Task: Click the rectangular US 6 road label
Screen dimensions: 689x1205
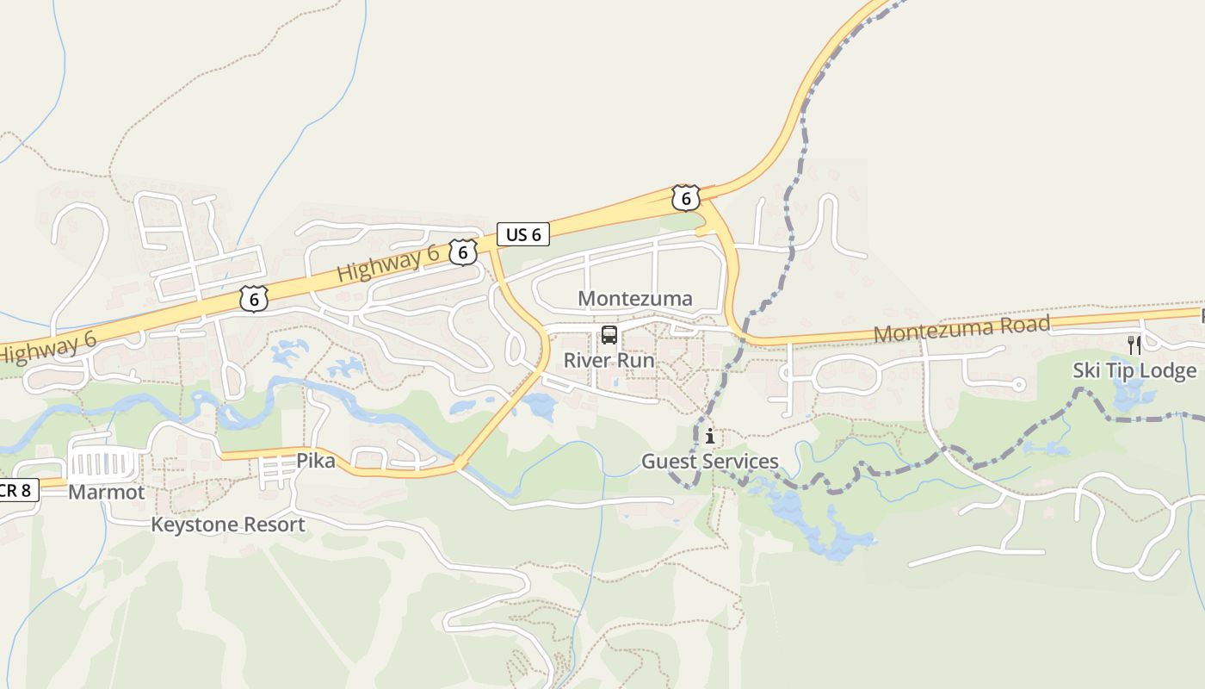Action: click(x=523, y=233)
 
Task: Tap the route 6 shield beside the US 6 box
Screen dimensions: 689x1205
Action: click(x=463, y=252)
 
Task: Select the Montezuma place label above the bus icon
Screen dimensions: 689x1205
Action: click(x=635, y=299)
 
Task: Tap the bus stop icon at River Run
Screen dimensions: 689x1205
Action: click(x=609, y=335)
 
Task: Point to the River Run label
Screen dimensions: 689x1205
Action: click(x=609, y=360)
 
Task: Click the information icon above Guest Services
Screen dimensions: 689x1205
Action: click(x=710, y=437)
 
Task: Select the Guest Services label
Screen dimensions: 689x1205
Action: click(x=710, y=462)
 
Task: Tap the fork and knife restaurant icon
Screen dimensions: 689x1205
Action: click(x=1134, y=345)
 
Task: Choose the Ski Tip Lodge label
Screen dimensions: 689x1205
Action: click(x=1134, y=370)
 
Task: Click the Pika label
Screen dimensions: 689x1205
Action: click(x=316, y=461)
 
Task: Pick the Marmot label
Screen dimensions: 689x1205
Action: click(x=107, y=493)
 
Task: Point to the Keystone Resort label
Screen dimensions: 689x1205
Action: click(x=228, y=525)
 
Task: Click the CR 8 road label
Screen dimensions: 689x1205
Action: click(x=17, y=491)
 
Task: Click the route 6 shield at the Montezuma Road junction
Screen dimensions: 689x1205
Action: click(x=685, y=198)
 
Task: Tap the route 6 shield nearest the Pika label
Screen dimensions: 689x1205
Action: click(x=254, y=298)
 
